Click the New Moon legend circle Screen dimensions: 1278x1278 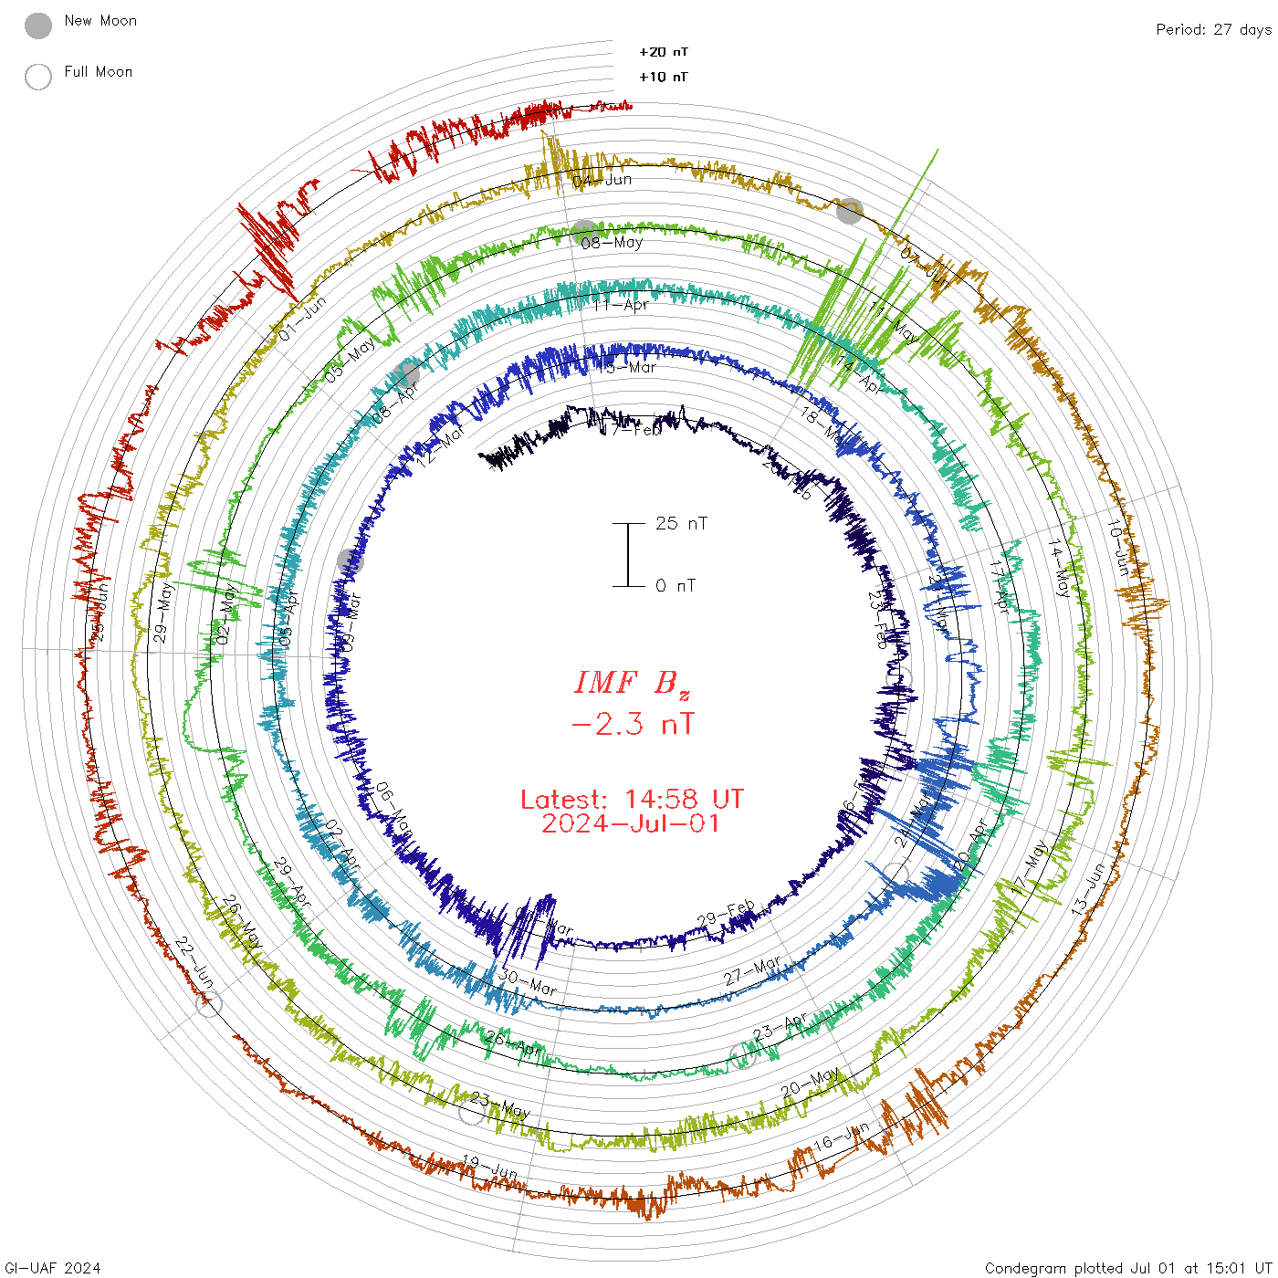(x=38, y=26)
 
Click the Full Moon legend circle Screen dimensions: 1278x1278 (x=38, y=77)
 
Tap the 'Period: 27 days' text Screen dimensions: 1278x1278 (x=1213, y=29)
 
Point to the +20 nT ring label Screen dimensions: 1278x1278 (x=664, y=52)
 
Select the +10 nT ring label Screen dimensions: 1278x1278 (x=664, y=77)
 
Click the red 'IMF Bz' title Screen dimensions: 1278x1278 (x=632, y=683)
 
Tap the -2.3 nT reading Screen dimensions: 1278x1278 (x=632, y=724)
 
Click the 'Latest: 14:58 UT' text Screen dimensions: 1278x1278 (x=632, y=800)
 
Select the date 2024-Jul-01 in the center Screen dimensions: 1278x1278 (x=632, y=823)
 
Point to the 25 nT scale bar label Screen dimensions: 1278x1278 (x=681, y=524)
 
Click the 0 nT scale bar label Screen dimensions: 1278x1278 (x=676, y=586)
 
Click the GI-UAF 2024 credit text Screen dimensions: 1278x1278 (x=52, y=1268)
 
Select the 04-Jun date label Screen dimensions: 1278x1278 (x=602, y=180)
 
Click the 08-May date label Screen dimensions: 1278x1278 (x=612, y=243)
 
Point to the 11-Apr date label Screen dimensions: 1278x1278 (x=621, y=305)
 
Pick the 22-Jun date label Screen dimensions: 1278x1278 (x=194, y=962)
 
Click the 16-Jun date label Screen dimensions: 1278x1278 (x=841, y=1137)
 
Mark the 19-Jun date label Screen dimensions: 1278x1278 (x=489, y=1167)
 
